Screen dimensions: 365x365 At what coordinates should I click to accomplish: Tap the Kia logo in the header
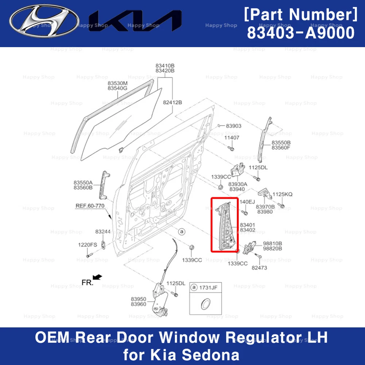pyautogui.click(x=135, y=21)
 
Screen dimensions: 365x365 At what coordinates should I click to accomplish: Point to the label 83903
pyautogui.click(x=233, y=126)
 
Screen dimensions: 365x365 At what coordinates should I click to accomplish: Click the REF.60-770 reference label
pyautogui.click(x=90, y=206)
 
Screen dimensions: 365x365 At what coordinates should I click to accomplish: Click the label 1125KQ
pyautogui.click(x=282, y=194)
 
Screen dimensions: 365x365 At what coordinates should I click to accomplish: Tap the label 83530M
pyautogui.click(x=117, y=83)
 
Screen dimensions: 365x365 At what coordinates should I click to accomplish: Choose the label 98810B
pyautogui.click(x=272, y=243)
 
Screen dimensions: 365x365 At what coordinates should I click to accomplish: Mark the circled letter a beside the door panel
pyautogui.click(x=181, y=231)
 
